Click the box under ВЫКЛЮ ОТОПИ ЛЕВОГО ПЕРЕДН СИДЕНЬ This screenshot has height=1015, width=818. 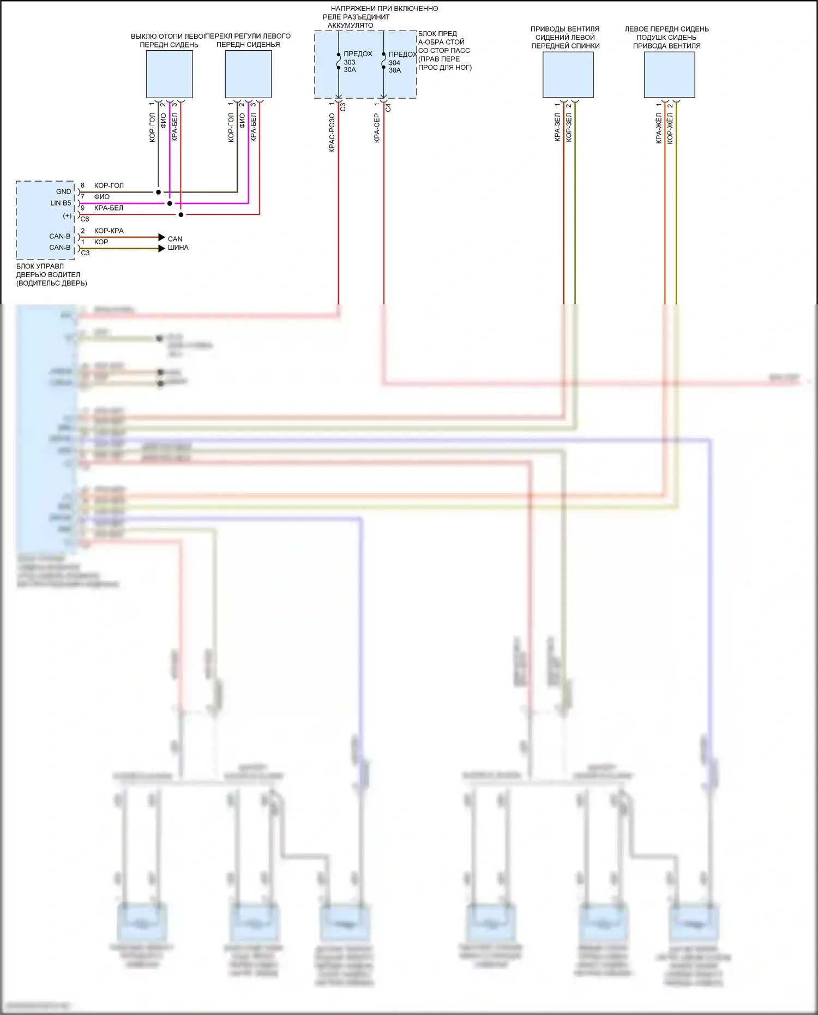tap(169, 74)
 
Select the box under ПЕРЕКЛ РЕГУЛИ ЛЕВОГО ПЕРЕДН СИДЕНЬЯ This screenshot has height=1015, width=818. tap(248, 74)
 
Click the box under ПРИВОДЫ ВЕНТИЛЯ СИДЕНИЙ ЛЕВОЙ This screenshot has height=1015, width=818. tap(568, 74)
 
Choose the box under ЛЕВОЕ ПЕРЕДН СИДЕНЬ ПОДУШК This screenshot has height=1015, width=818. tap(669, 74)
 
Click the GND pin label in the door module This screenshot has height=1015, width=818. tap(63, 191)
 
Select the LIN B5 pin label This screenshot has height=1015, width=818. tap(61, 203)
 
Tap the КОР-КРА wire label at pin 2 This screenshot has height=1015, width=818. tap(109, 231)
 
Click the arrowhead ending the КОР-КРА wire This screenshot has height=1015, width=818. tap(161, 237)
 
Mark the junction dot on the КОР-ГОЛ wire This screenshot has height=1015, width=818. tap(158, 192)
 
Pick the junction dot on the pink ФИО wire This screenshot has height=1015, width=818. tap(170, 203)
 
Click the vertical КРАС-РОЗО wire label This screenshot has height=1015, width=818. tap(332, 133)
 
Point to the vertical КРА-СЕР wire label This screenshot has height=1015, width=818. tap(376, 129)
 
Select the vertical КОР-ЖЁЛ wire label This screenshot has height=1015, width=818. tap(670, 129)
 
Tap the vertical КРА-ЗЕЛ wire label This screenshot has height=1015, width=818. tap(557, 128)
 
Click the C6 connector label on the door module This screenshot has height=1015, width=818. tap(85, 219)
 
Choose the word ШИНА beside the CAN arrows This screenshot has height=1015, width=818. tap(178, 248)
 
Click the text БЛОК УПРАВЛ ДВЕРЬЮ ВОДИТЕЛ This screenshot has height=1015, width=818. tap(48, 271)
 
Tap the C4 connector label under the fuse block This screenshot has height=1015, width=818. tap(388, 107)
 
